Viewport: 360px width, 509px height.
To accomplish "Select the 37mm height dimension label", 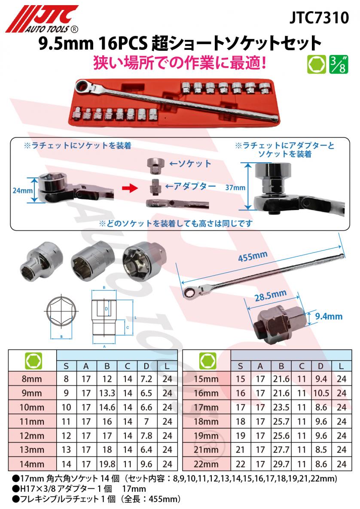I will (x=235, y=188).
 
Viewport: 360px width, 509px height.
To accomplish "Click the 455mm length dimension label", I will (x=253, y=258).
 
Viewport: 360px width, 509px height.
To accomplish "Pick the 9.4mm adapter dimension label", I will (x=329, y=317).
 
